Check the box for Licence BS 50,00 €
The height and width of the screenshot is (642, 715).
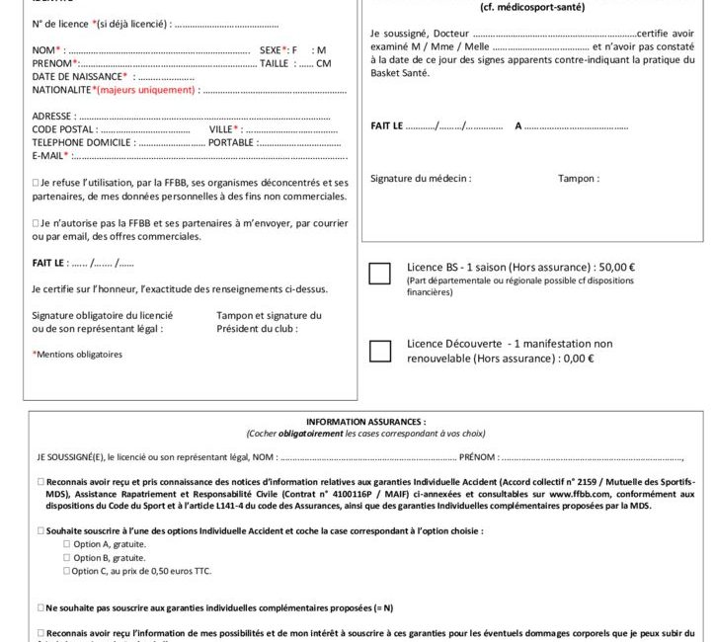tap(379, 274)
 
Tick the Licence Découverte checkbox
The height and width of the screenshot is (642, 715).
tap(379, 350)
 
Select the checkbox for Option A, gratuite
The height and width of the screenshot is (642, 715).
tap(67, 544)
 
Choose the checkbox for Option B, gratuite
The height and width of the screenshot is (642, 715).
tap(67, 557)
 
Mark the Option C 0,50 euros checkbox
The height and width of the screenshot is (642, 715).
tap(67, 571)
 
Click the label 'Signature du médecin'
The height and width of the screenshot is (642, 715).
tap(420, 179)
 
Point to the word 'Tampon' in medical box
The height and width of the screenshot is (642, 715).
tap(577, 179)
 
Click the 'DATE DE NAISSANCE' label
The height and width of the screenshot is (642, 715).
tap(79, 76)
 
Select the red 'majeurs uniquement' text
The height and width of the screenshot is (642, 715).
tap(146, 90)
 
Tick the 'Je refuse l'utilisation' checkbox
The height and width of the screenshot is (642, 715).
tap(36, 184)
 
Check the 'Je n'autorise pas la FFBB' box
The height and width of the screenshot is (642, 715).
tap(36, 223)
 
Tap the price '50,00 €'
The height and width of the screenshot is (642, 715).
tap(616, 267)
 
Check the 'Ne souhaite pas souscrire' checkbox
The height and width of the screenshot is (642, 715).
tap(40, 607)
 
